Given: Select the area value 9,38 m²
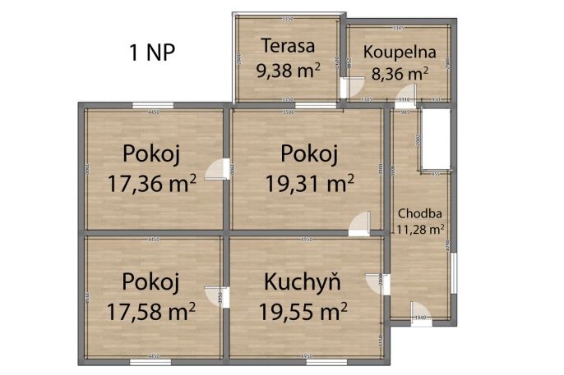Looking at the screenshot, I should click(x=287, y=71).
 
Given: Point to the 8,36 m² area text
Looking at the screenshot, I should click(x=400, y=74).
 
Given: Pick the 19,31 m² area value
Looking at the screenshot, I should click(x=309, y=182).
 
